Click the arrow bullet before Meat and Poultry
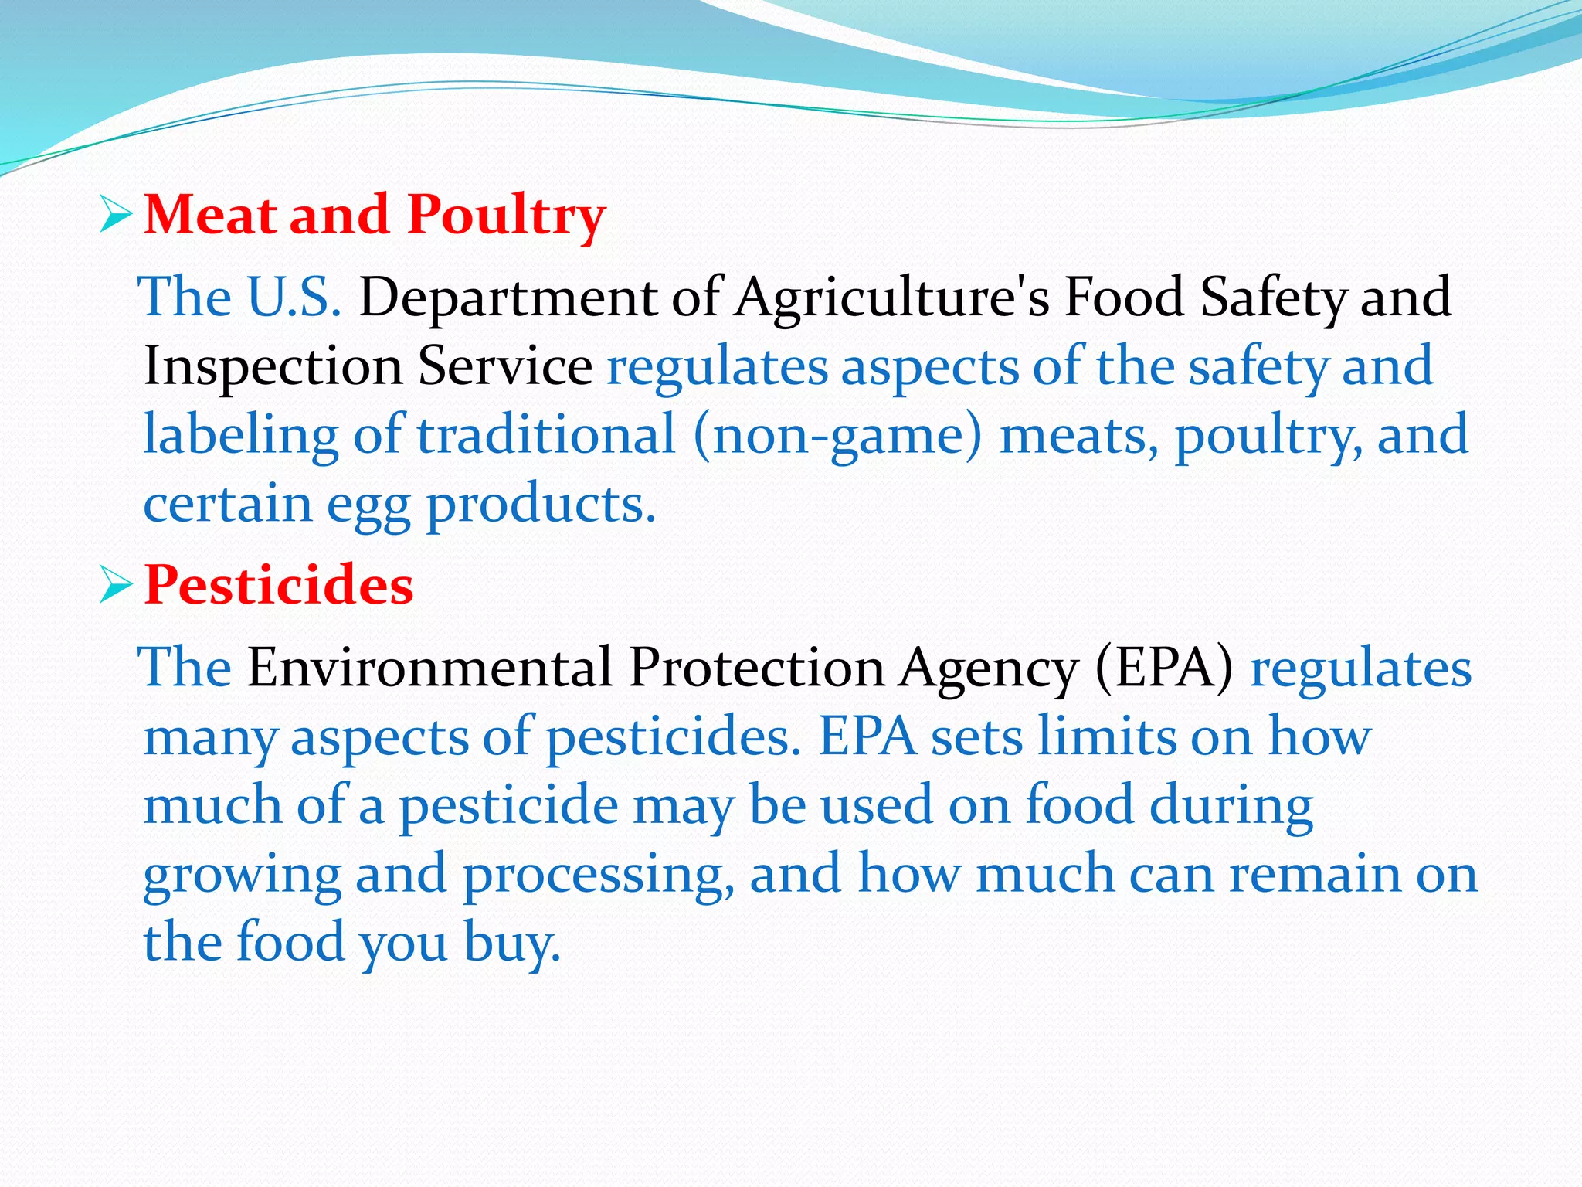(x=117, y=215)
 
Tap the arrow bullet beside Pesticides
(x=117, y=587)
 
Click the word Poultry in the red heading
(x=506, y=216)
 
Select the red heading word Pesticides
(x=279, y=585)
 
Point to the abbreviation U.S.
(x=294, y=298)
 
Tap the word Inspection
(x=273, y=367)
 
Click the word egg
(x=368, y=507)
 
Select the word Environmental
(x=429, y=668)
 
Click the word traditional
(x=547, y=435)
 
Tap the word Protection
(x=757, y=668)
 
